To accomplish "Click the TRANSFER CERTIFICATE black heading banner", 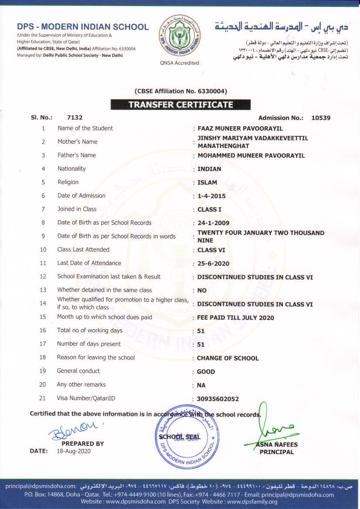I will (181, 104).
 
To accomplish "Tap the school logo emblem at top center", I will (181, 36).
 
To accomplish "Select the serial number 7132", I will (75, 118).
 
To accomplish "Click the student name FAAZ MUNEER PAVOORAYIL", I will (240, 128).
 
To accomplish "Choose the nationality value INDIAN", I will (209, 169).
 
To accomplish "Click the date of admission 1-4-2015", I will (212, 196).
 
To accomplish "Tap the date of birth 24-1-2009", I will (213, 223).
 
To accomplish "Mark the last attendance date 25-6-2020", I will (213, 263).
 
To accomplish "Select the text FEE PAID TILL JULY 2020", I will (236, 317).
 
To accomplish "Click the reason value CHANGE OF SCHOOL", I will (228, 358).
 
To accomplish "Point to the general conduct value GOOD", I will (206, 371).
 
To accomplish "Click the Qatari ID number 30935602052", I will (218, 399).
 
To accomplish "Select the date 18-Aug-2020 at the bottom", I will (74, 451).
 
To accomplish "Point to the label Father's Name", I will (77, 155).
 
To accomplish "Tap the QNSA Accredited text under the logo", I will (180, 63).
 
